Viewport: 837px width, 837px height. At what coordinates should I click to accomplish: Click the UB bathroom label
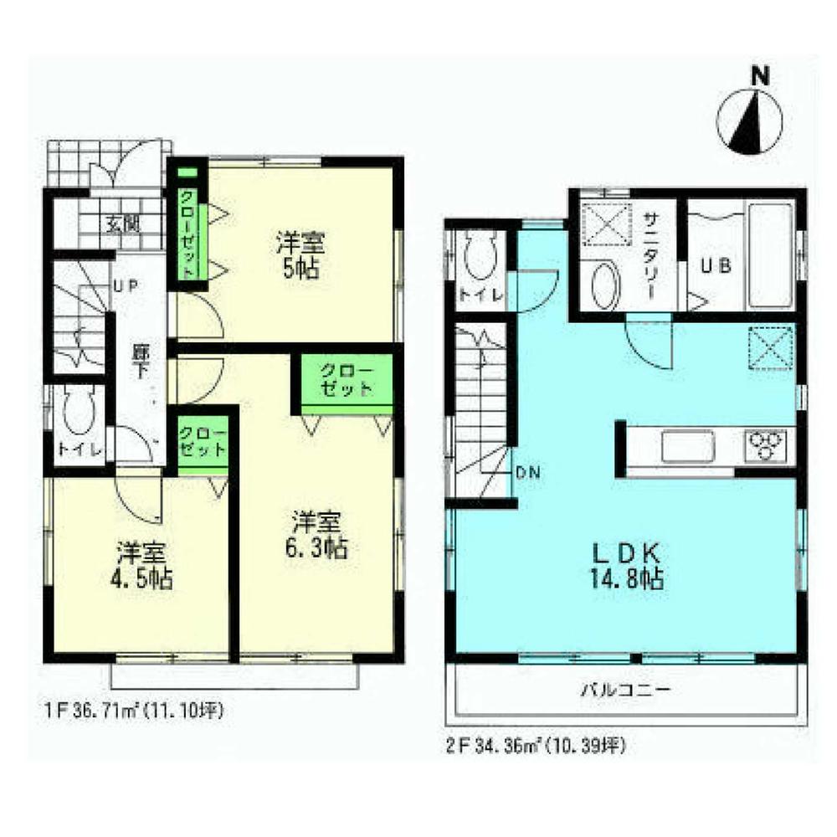pyautogui.click(x=716, y=265)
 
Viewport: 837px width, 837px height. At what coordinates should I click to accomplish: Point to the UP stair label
pyautogui.click(x=125, y=285)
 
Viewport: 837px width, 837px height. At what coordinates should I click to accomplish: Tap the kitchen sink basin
pyautogui.click(x=688, y=445)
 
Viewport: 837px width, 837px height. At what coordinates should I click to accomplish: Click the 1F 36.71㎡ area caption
pyautogui.click(x=134, y=711)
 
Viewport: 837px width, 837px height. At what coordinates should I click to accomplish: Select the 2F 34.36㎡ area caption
pyautogui.click(x=536, y=742)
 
